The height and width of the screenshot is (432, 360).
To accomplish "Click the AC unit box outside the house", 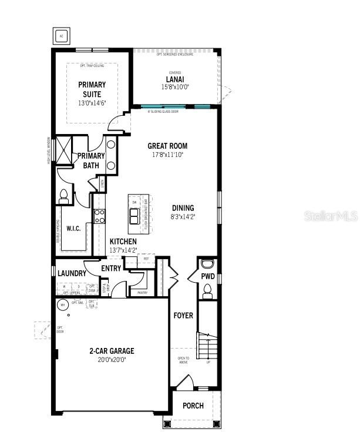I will [x=61, y=36].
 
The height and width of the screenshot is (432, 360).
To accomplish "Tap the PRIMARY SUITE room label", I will [x=92, y=89].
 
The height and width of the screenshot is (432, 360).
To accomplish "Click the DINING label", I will [x=183, y=208].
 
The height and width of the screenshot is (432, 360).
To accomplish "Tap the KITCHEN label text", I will [x=123, y=242].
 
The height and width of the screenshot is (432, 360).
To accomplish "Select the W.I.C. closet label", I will [x=73, y=229].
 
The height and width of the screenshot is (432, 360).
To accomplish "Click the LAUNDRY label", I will [x=72, y=273].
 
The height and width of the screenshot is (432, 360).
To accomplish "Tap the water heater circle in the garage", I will [x=61, y=304].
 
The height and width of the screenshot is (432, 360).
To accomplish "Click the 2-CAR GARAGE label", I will [x=112, y=351].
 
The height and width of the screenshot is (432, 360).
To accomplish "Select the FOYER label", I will [x=183, y=316].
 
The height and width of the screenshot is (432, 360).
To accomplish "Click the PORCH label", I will [x=193, y=406].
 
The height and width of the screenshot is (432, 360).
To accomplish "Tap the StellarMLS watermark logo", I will [x=330, y=216].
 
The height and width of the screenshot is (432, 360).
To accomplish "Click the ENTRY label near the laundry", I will [x=111, y=269].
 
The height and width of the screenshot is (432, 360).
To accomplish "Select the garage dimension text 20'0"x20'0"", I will [x=112, y=359].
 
